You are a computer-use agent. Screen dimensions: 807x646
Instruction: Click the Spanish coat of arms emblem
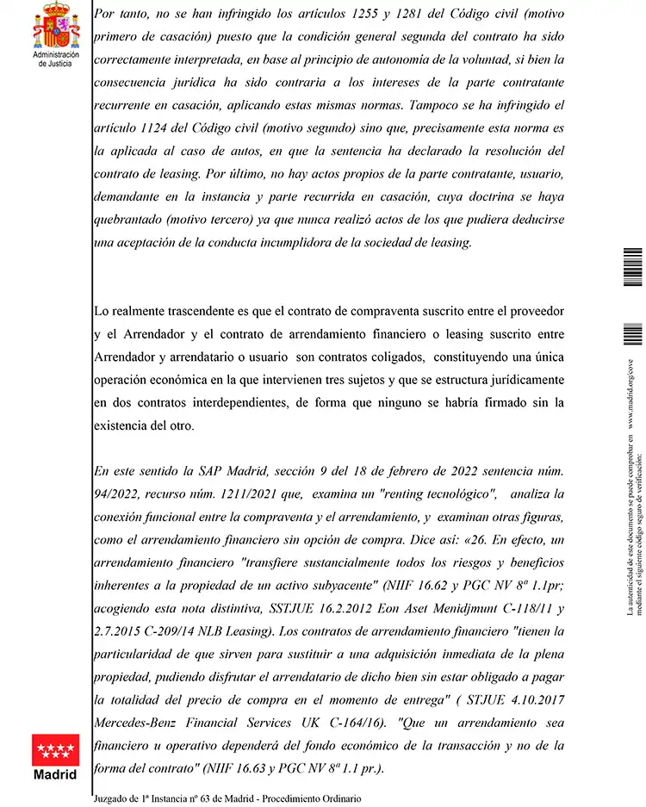(55, 26)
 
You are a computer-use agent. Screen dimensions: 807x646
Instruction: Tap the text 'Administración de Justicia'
(55, 58)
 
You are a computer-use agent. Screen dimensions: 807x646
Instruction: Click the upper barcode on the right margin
(632, 268)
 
